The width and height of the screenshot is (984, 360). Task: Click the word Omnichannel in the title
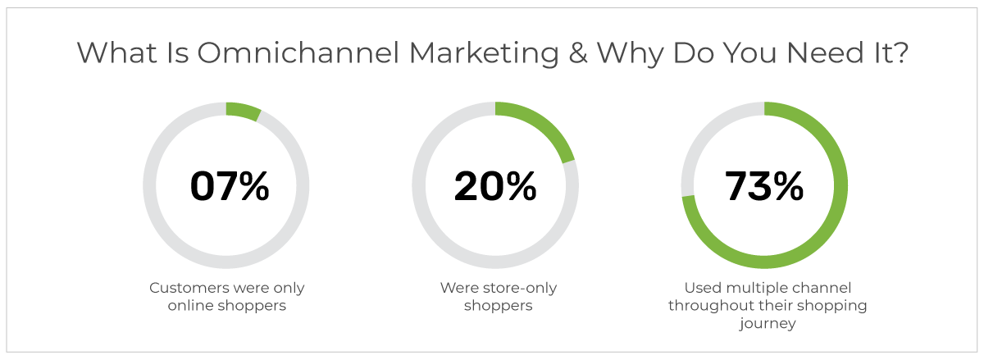tap(298, 53)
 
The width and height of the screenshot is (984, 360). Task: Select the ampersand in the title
tap(577, 53)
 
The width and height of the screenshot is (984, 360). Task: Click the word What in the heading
tap(116, 53)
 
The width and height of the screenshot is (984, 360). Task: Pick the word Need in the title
tap(826, 53)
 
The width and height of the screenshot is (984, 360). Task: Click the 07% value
tap(230, 186)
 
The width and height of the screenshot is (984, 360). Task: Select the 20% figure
tap(495, 186)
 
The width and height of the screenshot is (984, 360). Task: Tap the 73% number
tap(764, 186)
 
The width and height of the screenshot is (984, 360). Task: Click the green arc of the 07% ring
tap(244, 112)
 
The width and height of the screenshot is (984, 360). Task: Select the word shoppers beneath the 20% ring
tap(499, 306)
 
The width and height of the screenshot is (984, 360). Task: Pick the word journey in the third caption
tap(768, 324)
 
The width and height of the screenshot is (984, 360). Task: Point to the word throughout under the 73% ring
tap(708, 306)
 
